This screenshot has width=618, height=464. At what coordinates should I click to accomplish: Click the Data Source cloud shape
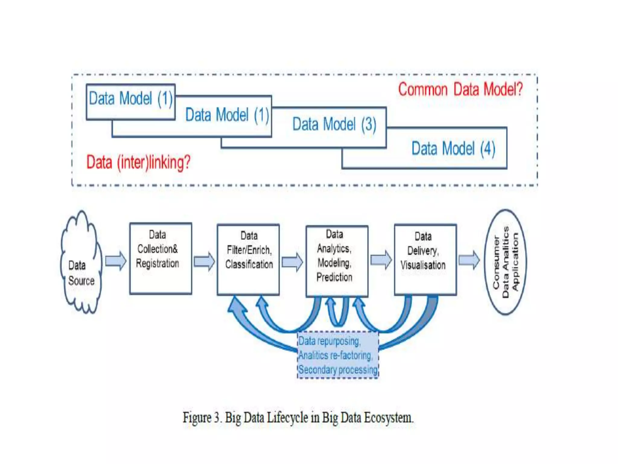click(81, 263)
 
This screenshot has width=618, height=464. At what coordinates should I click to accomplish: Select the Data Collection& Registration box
click(161, 259)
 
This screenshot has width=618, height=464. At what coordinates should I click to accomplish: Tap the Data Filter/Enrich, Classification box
click(248, 260)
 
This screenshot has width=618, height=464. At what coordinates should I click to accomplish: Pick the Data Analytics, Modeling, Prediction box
click(337, 261)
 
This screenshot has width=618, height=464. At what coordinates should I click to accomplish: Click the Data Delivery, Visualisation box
click(425, 260)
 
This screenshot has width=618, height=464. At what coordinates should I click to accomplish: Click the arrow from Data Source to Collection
click(116, 261)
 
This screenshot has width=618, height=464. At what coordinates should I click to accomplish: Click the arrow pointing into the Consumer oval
click(469, 260)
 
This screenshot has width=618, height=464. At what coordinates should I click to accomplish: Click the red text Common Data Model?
click(460, 89)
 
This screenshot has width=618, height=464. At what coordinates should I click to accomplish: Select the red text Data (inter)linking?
click(138, 162)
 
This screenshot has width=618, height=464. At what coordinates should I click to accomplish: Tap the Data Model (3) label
click(334, 124)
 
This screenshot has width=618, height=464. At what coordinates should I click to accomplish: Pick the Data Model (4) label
click(453, 149)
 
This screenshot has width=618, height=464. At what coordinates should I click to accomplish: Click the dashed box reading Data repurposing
click(338, 355)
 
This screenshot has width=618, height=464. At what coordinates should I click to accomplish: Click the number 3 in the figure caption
click(217, 418)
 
